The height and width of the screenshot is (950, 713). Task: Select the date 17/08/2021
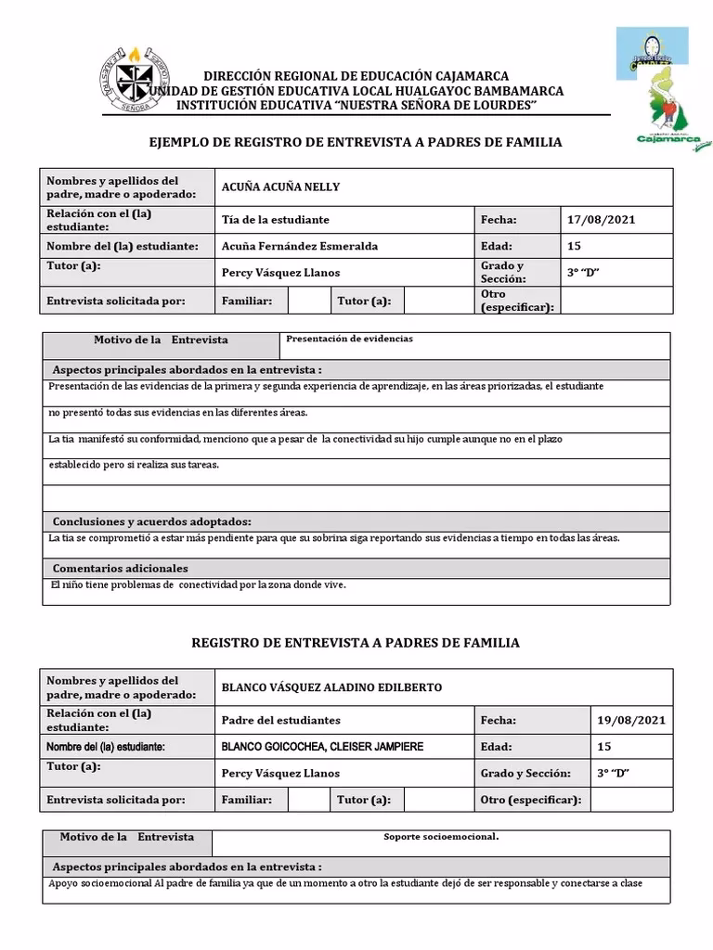point(602,220)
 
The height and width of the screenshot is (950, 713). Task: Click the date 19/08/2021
point(631,720)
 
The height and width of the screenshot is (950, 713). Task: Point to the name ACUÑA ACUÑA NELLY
point(280,186)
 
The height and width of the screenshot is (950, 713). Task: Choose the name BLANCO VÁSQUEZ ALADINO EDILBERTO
point(331,687)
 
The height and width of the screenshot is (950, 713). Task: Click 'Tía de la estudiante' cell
point(276,220)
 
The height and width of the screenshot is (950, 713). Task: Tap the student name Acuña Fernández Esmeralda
point(300,246)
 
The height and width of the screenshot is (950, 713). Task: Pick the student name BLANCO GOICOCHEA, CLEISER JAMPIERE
point(322,746)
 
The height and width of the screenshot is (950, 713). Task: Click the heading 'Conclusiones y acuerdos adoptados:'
point(151,521)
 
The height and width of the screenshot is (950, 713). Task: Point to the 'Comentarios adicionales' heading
point(120,568)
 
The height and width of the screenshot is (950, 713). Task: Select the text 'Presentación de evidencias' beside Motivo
point(349,339)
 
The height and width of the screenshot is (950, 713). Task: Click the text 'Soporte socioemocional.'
point(441,837)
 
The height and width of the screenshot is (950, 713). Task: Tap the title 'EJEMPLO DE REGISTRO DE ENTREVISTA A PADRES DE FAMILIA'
point(356,142)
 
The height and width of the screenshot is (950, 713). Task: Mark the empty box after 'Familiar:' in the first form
point(309,301)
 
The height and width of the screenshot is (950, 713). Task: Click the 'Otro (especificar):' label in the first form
point(517,301)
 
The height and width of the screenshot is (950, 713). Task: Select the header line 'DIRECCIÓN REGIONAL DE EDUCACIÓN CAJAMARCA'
point(356,75)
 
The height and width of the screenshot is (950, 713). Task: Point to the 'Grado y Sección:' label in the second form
point(529,773)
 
